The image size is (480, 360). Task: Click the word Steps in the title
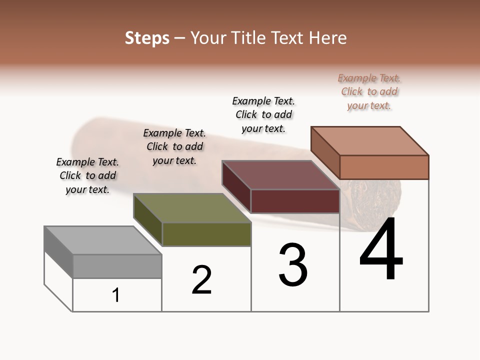pos(147,38)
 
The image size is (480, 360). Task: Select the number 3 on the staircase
pos(293,265)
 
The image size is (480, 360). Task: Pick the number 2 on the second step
pos(202,280)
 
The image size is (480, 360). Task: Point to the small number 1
pos(116,295)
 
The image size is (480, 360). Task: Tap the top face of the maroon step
pos(280,175)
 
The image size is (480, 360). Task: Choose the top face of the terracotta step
pos(369,140)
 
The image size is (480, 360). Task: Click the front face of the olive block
pos(206,234)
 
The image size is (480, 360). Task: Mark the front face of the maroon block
pos(295,201)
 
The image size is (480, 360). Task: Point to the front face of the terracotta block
pos(384,167)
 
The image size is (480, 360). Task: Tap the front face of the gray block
pos(117,266)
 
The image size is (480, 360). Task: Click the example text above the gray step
pos(87,175)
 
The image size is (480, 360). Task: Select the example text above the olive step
pos(174,146)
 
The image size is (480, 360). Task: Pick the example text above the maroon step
pos(263,114)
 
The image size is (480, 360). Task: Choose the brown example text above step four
pos(369,91)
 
